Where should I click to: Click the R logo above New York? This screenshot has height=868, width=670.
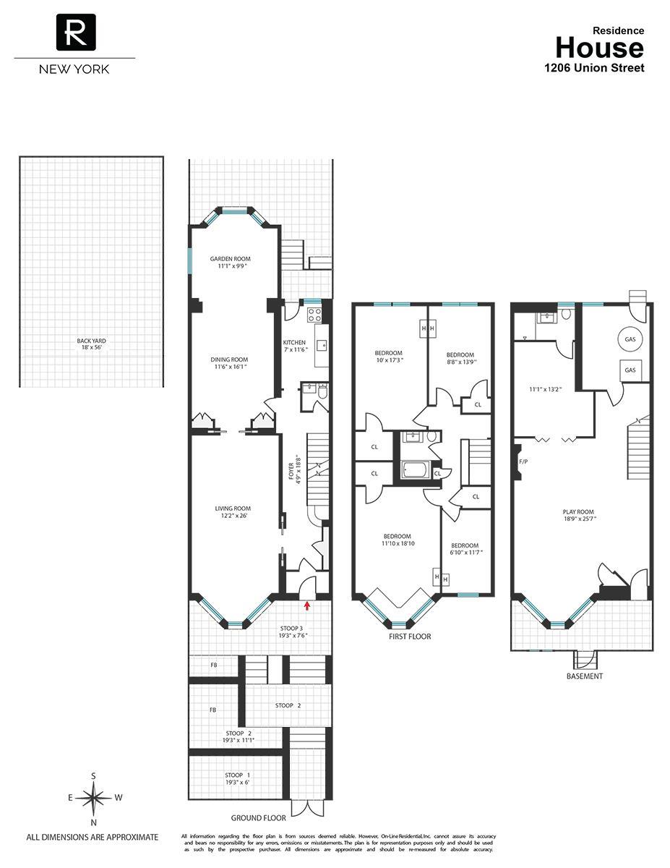coord(75,33)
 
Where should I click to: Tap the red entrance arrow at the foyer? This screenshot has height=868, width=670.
coord(307,605)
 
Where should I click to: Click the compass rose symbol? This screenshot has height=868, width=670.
coord(94,798)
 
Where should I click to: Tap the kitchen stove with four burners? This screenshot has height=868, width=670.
coord(315,315)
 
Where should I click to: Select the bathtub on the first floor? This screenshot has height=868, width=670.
coord(415,471)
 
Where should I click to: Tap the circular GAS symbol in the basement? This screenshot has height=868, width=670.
coord(630,339)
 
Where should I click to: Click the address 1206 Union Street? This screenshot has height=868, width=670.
coord(593,68)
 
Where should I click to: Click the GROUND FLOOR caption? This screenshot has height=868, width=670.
coord(258,818)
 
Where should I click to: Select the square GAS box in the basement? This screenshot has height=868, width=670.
coord(630,370)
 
